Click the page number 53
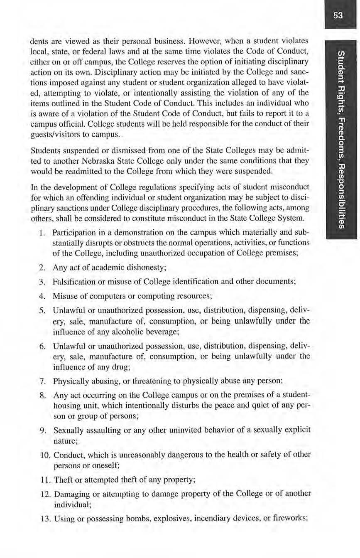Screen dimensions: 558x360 pos(338,16)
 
